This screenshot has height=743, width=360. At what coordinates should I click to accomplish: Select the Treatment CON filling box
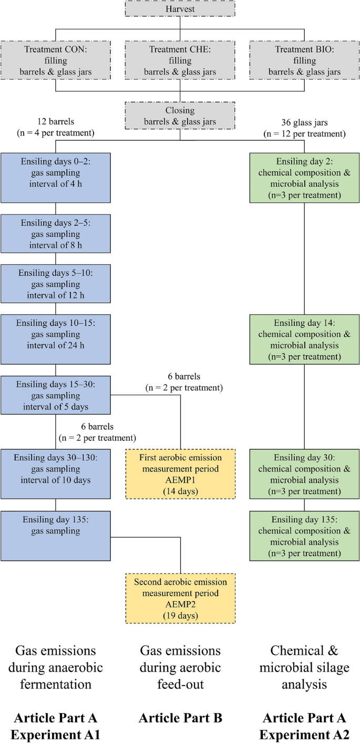coord(56,60)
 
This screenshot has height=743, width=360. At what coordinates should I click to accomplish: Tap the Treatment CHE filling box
coord(180,60)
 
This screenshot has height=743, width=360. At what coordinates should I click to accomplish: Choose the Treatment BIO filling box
coord(304,60)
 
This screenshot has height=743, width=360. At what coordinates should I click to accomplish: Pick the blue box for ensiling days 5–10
coord(56,284)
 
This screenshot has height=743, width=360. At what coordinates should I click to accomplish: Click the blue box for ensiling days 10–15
coord(56,339)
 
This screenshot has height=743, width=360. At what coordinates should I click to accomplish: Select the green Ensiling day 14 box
coord(304,339)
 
